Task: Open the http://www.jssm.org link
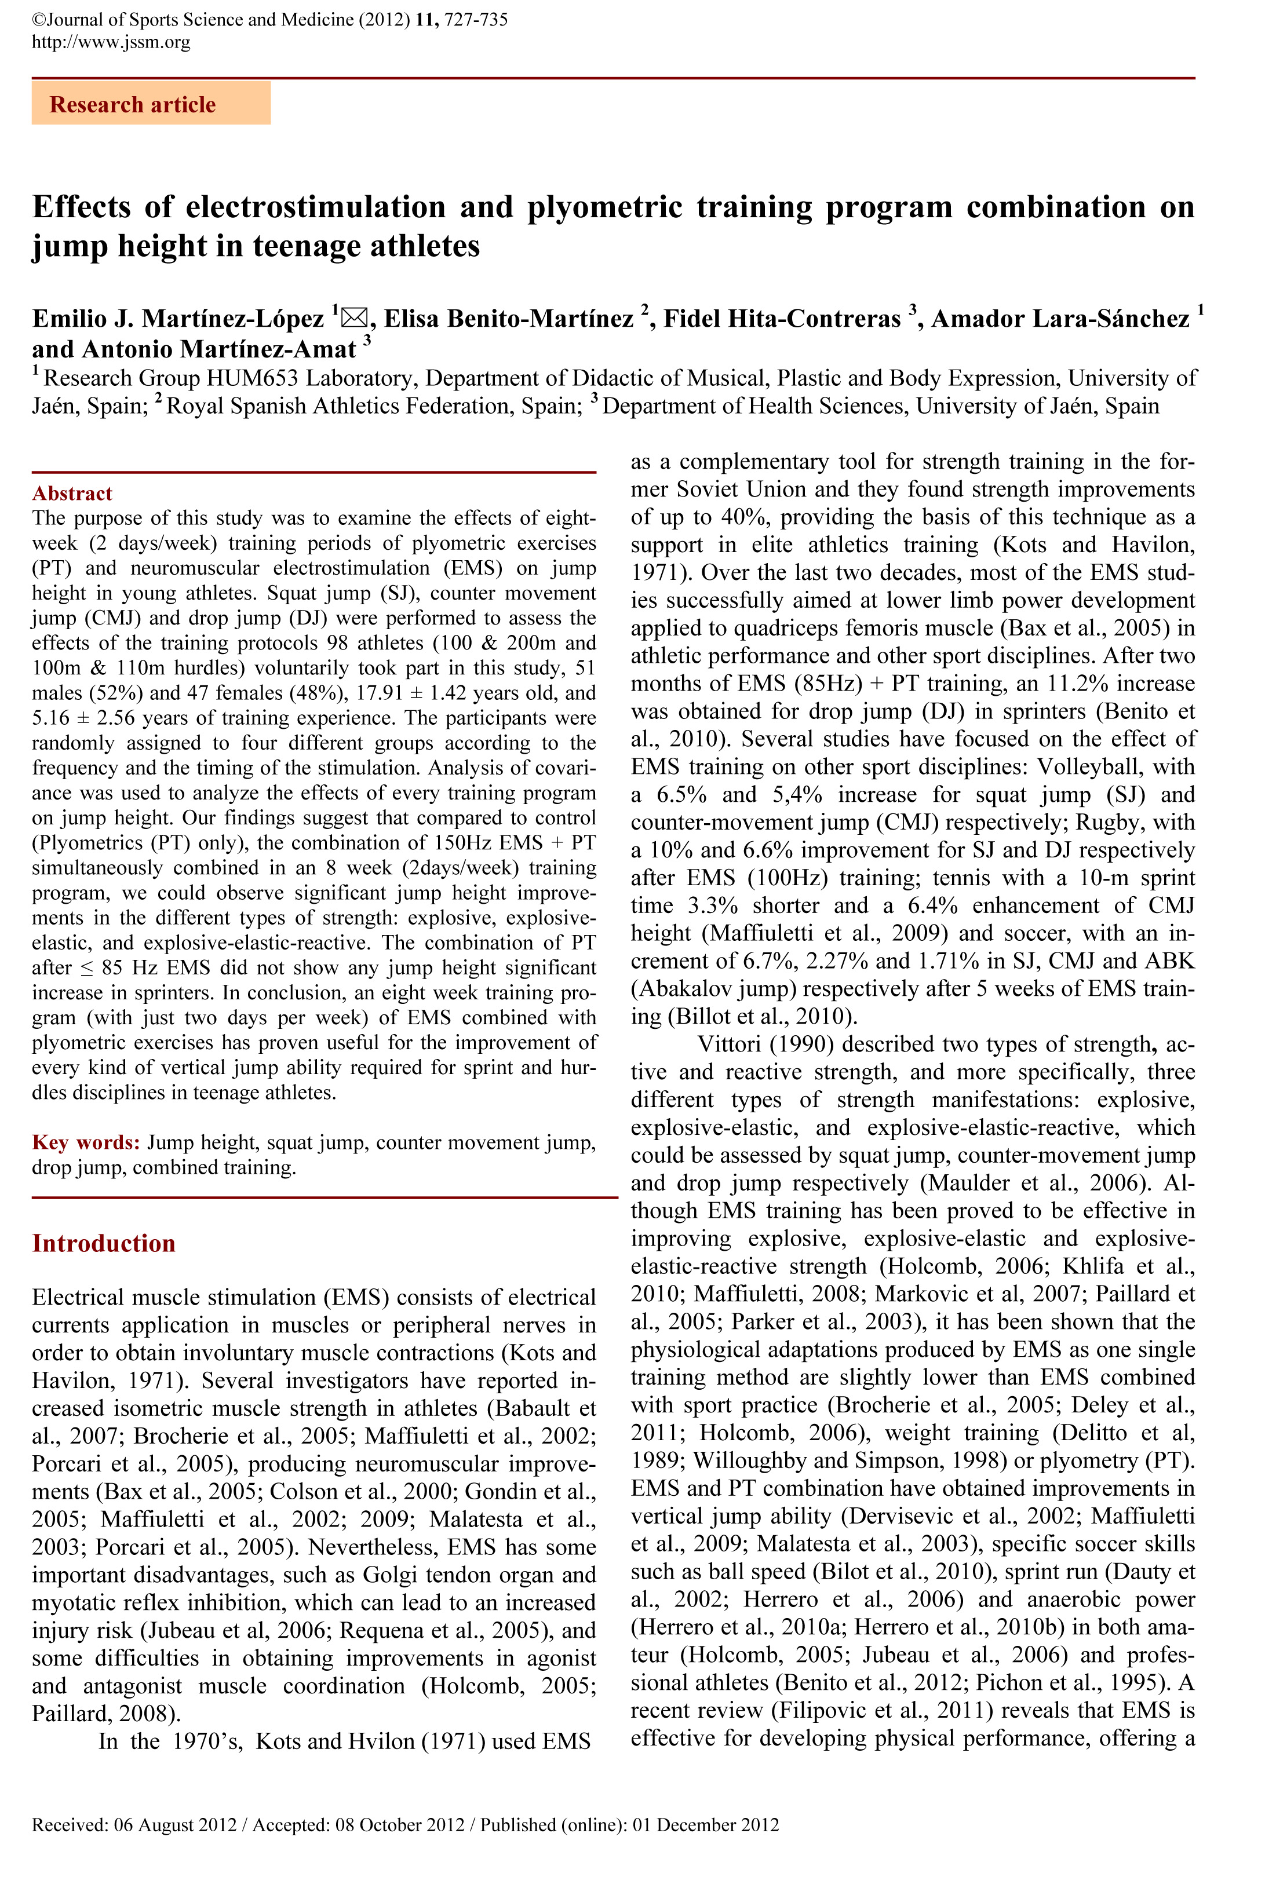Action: [111, 42]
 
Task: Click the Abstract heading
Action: [72, 494]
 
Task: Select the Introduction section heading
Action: [104, 1243]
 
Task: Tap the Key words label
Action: [86, 1142]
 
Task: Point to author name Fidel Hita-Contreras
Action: [782, 319]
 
